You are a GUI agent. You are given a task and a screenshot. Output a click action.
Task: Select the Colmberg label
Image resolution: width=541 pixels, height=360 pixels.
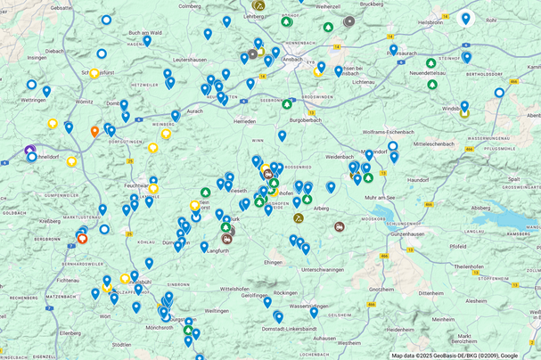click(190, 6)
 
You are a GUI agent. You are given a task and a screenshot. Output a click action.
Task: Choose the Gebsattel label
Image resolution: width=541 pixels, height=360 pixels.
click(61, 6)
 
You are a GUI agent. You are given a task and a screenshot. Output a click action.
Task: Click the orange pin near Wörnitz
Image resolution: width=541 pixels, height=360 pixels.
click(94, 131)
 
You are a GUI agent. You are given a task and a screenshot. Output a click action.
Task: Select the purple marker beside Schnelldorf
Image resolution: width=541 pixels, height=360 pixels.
click(29, 151)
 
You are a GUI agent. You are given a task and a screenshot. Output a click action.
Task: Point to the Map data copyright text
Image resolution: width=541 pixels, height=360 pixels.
click(455, 355)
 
